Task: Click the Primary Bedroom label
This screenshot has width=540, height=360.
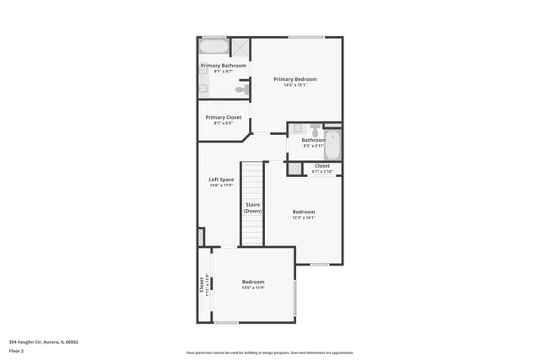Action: [x=294, y=78]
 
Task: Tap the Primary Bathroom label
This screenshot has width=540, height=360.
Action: [x=223, y=66]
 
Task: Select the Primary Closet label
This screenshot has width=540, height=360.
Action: [x=223, y=117]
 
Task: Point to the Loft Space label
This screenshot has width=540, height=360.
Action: [x=221, y=180]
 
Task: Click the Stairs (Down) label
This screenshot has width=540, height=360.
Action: [x=253, y=207]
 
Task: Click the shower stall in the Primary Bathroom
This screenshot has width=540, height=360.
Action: [x=240, y=47]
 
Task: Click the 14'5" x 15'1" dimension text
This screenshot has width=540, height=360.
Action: [x=294, y=84]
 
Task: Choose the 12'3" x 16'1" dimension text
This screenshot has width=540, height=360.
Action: [x=304, y=218]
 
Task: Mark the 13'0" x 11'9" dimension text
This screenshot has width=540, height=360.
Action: [x=253, y=287]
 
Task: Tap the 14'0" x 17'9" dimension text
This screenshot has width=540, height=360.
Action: [x=221, y=185]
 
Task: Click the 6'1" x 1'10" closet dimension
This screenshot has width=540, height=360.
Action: [x=322, y=172]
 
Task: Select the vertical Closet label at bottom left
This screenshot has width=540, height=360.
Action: [x=202, y=285]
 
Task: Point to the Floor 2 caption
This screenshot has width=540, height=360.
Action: [x=16, y=350]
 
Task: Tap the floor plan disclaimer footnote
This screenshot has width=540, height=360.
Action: [x=270, y=352]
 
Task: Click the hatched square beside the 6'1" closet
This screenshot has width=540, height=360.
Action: [x=294, y=169]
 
